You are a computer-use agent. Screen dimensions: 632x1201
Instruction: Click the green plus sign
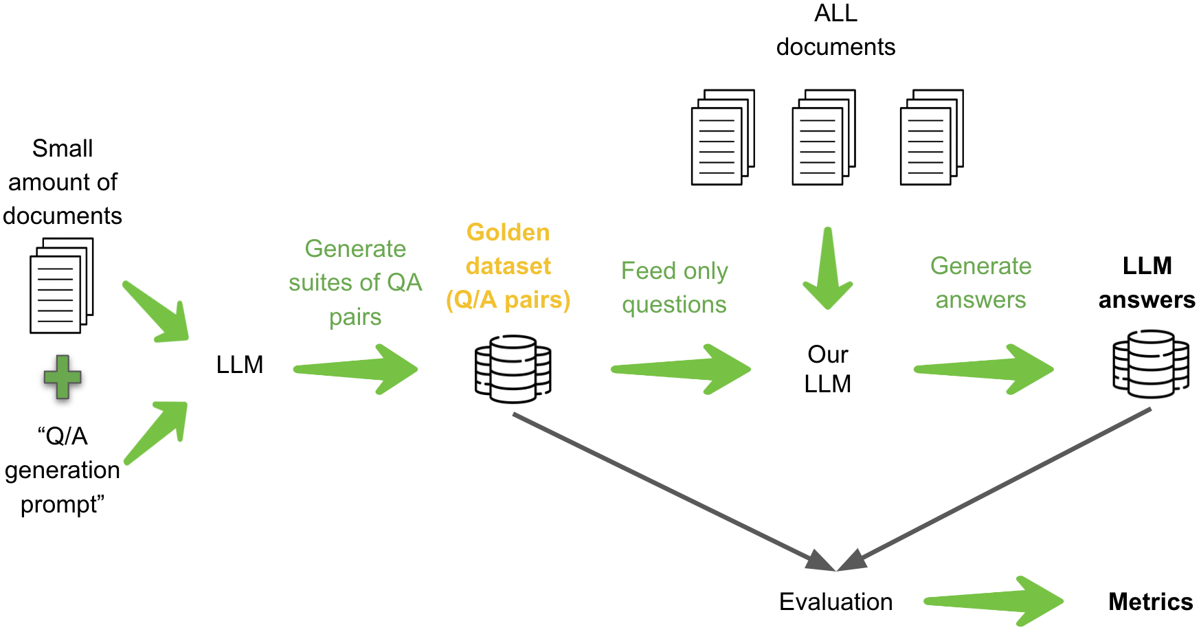pos(63,377)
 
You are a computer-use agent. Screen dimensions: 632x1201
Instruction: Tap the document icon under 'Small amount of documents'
pos(61,286)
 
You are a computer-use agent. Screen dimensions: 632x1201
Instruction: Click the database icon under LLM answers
pos(1151,364)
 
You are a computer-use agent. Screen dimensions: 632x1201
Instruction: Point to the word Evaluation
pos(835,602)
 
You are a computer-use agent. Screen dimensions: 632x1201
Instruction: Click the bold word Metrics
pos(1150,602)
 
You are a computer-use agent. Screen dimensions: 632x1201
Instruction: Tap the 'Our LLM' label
pos(827,369)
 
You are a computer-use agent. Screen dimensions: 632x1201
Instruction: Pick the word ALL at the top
pos(835,13)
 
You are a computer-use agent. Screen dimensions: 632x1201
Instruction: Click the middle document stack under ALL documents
pos(823,137)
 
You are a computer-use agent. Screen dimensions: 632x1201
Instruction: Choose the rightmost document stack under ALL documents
pos(932,137)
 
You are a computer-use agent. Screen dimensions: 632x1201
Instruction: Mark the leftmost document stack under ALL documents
pos(723,137)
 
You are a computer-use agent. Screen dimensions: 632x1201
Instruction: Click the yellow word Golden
pos(508,232)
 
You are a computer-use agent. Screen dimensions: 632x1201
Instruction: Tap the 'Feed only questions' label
pos(674,287)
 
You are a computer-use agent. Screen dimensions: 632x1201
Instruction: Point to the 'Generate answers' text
pos(980,282)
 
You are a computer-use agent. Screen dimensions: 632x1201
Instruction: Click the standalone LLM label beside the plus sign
pos(239,364)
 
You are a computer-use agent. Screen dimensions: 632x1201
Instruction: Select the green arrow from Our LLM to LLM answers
pos(985,370)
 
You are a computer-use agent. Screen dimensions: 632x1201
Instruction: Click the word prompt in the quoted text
pos(61,504)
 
